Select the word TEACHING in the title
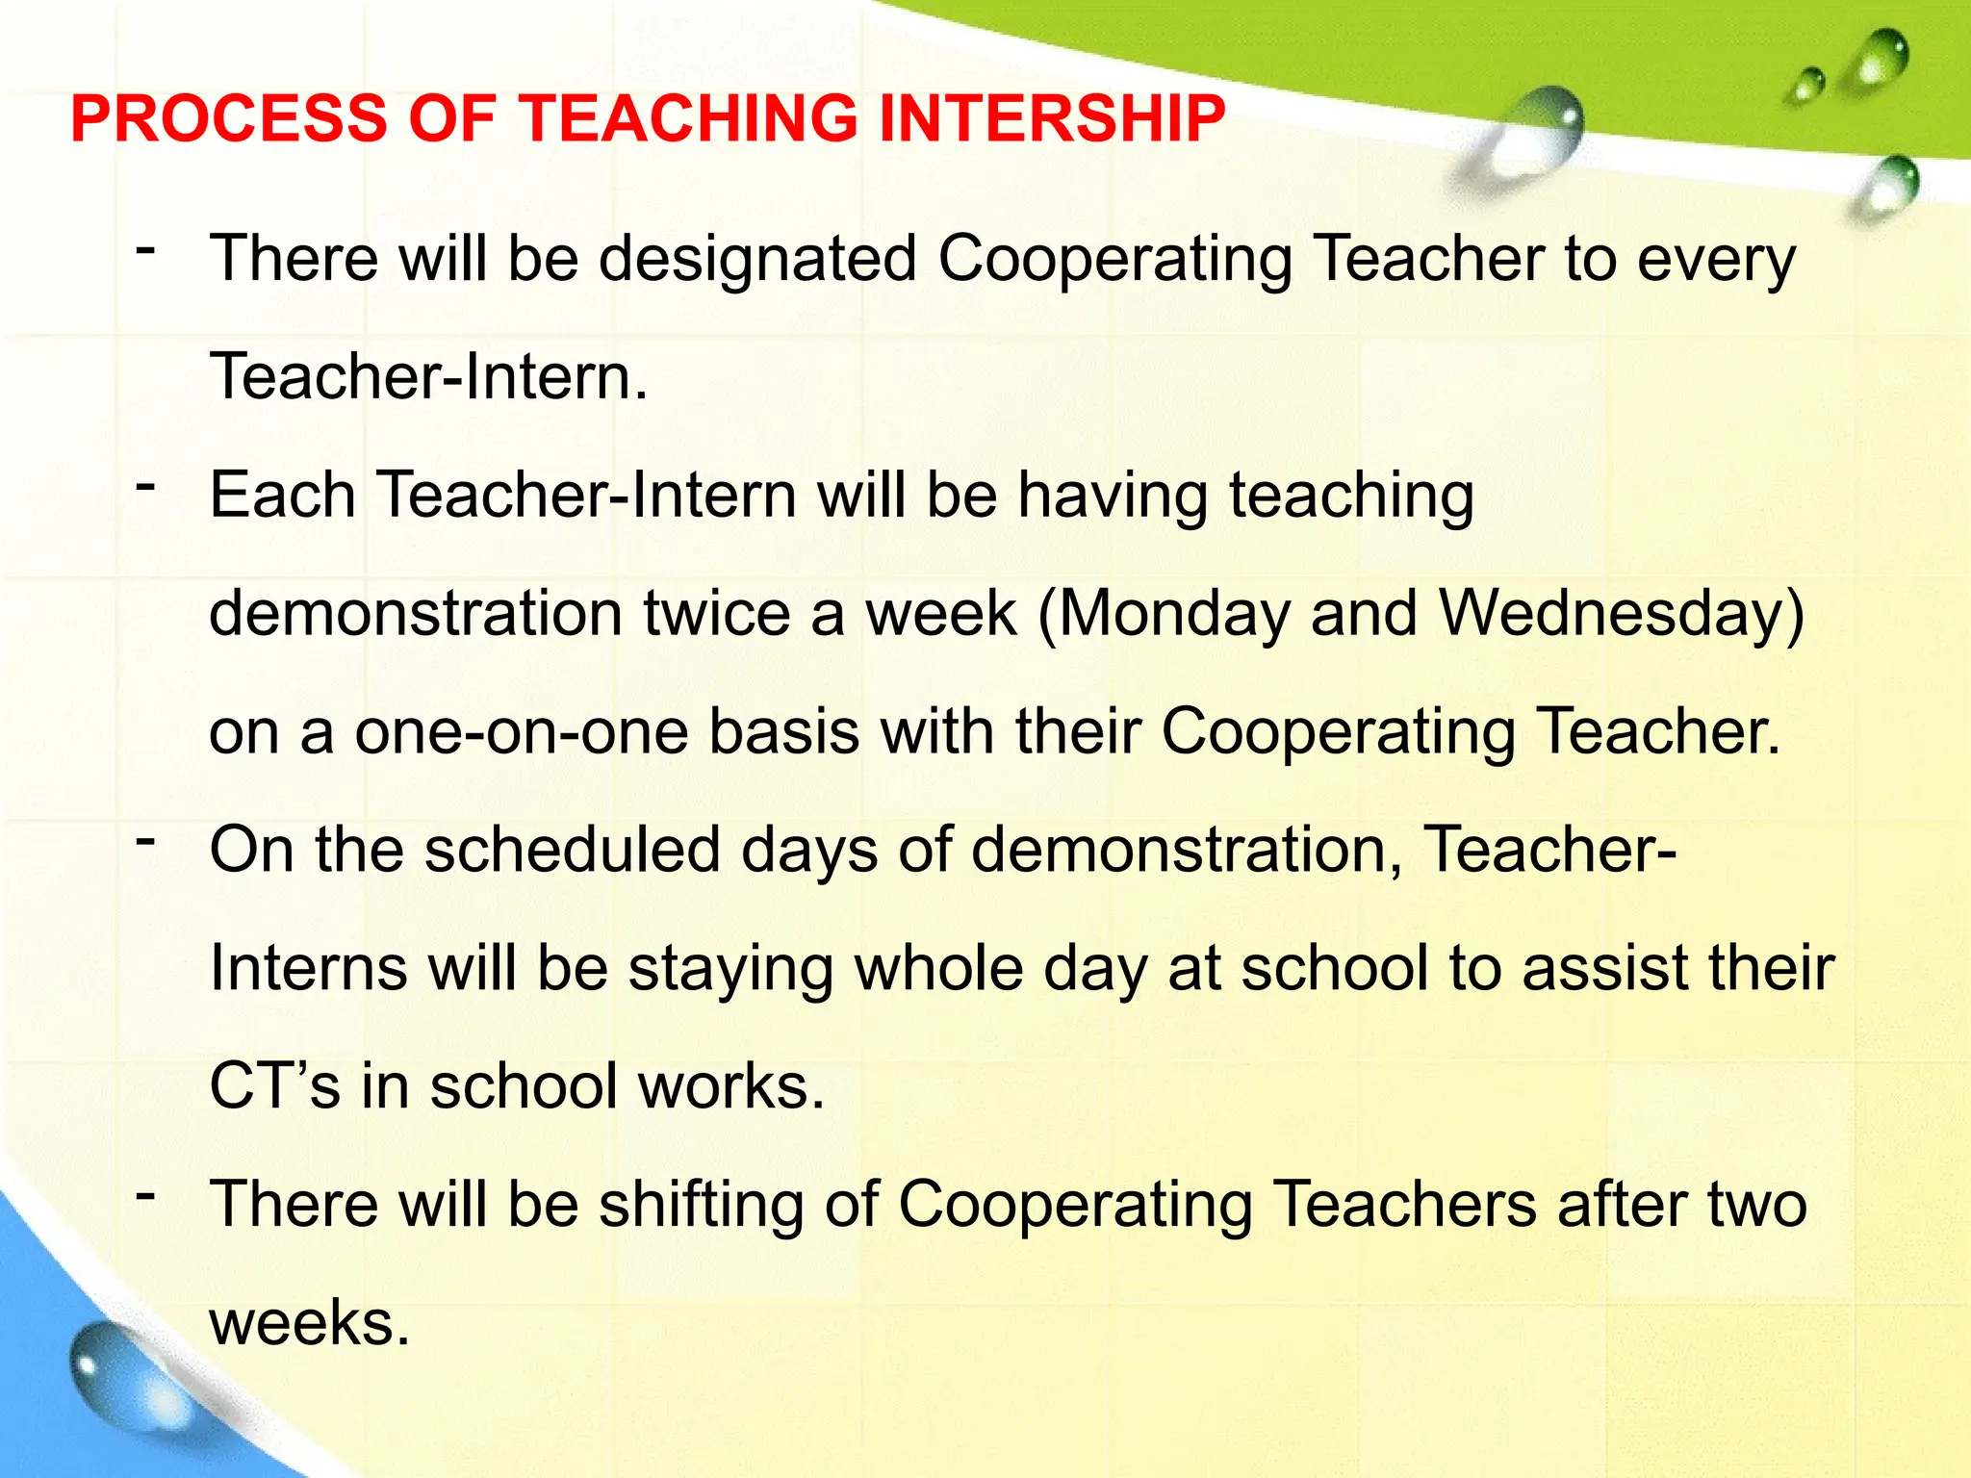point(688,119)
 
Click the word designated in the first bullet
point(757,260)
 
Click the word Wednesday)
point(1621,614)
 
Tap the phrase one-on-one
point(521,732)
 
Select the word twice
point(716,614)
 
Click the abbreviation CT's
point(275,1086)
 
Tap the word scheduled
point(572,851)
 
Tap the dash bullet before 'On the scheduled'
point(145,841)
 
